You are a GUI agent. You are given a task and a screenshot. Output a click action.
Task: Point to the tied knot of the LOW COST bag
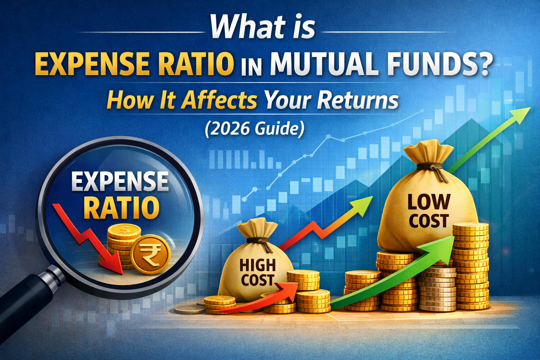coord(432,169)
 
